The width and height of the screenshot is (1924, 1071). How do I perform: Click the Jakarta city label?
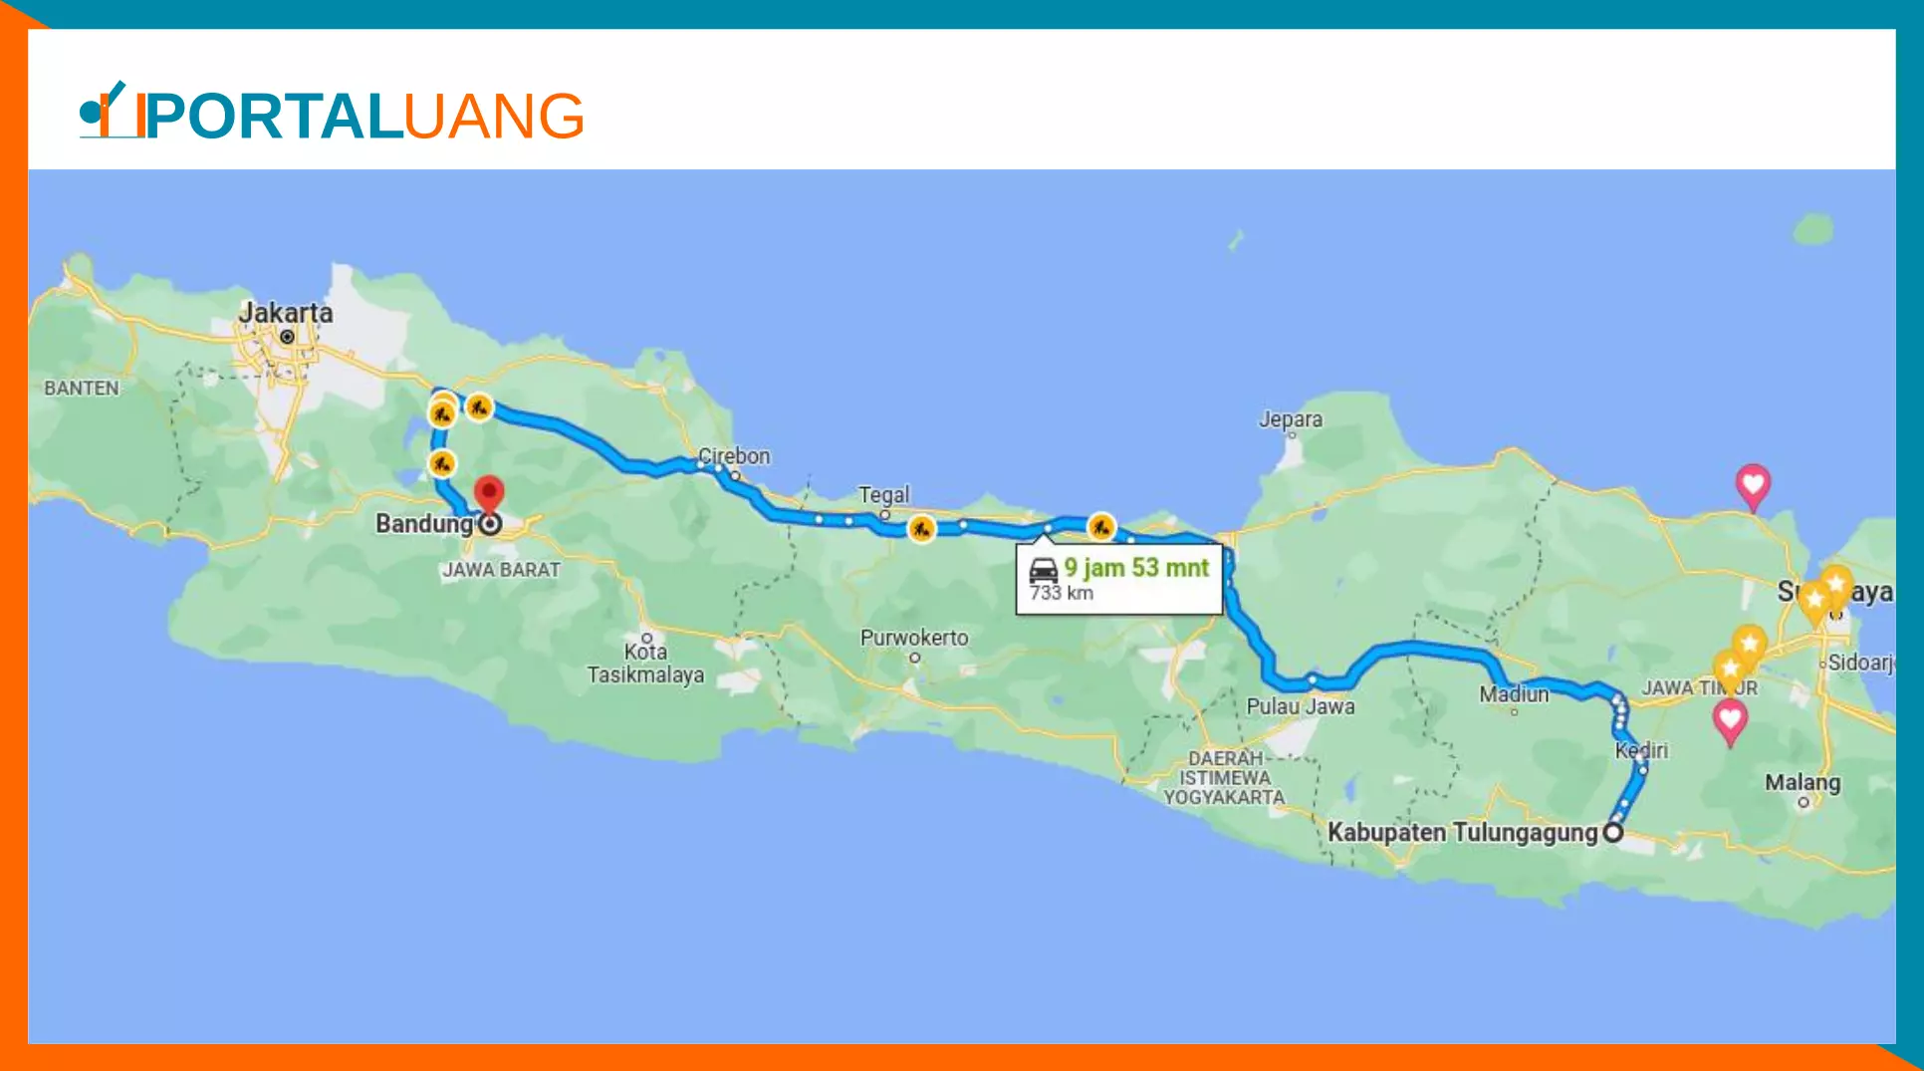tap(286, 313)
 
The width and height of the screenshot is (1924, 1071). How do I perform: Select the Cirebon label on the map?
tap(734, 456)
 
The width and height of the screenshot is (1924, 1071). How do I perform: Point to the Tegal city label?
tap(884, 495)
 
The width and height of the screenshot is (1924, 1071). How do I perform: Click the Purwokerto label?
tap(914, 638)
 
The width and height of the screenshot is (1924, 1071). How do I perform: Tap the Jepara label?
tap(1291, 419)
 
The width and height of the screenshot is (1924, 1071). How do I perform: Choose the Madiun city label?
tap(1514, 694)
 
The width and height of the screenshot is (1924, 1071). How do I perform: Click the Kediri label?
tap(1641, 750)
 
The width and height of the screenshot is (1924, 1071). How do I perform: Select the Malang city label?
tap(1803, 782)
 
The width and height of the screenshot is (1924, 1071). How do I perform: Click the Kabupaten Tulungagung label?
tap(1462, 832)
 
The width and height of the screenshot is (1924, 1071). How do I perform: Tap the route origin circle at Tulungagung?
tap(1613, 832)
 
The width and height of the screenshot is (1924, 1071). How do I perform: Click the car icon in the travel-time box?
tap(1043, 570)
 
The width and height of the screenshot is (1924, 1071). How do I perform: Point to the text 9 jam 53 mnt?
tap(1136, 568)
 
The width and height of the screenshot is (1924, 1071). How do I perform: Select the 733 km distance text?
tap(1062, 594)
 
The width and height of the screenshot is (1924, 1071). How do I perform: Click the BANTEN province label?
tap(82, 389)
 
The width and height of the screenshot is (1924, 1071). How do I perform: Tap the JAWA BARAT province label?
tap(502, 570)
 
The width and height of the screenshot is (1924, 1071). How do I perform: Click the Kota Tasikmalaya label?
tap(645, 664)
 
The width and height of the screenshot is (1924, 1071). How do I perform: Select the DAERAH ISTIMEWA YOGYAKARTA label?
tap(1225, 778)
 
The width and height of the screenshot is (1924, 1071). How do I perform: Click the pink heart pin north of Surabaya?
tap(1753, 485)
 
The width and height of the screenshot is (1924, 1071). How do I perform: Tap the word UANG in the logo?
tap(494, 117)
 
